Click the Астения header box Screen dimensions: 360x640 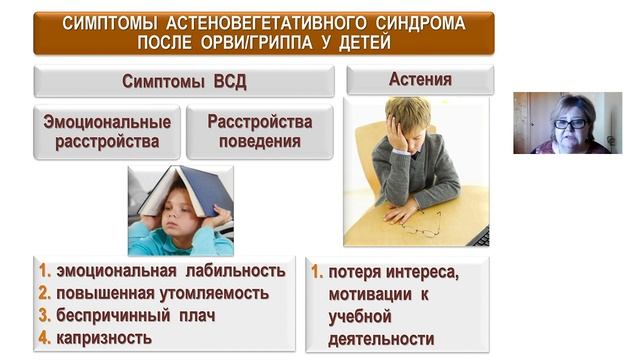point(419,79)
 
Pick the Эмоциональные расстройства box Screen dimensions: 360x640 point(107,131)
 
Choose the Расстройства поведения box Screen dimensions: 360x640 point(260,131)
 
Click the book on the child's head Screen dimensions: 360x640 point(186,190)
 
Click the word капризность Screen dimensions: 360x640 point(104,337)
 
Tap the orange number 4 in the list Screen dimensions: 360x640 point(45,337)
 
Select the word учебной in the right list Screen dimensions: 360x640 point(361,317)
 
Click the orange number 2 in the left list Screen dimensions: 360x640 point(45,293)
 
